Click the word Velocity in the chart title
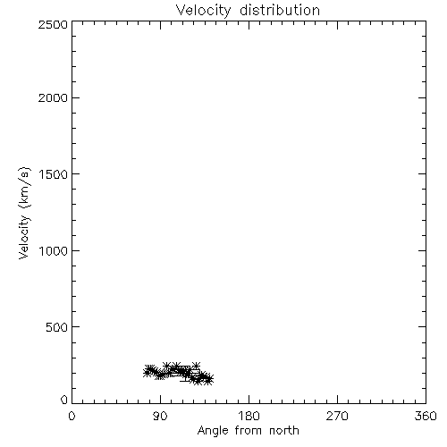click(204, 11)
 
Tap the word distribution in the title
click(280, 10)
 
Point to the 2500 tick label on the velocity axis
click(53, 24)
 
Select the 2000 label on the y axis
click(53, 97)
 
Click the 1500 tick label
click(54, 174)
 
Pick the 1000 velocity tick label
click(54, 250)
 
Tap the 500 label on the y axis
click(57, 327)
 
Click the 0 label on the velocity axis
click(64, 400)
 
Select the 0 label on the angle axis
click(72, 416)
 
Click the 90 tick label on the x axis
click(160, 416)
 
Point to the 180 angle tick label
click(249, 416)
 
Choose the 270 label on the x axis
click(337, 416)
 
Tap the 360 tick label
click(426, 416)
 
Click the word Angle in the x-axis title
click(213, 431)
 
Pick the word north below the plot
click(284, 431)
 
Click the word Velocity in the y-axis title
click(24, 237)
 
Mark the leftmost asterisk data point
click(147, 372)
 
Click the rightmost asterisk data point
click(208, 380)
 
